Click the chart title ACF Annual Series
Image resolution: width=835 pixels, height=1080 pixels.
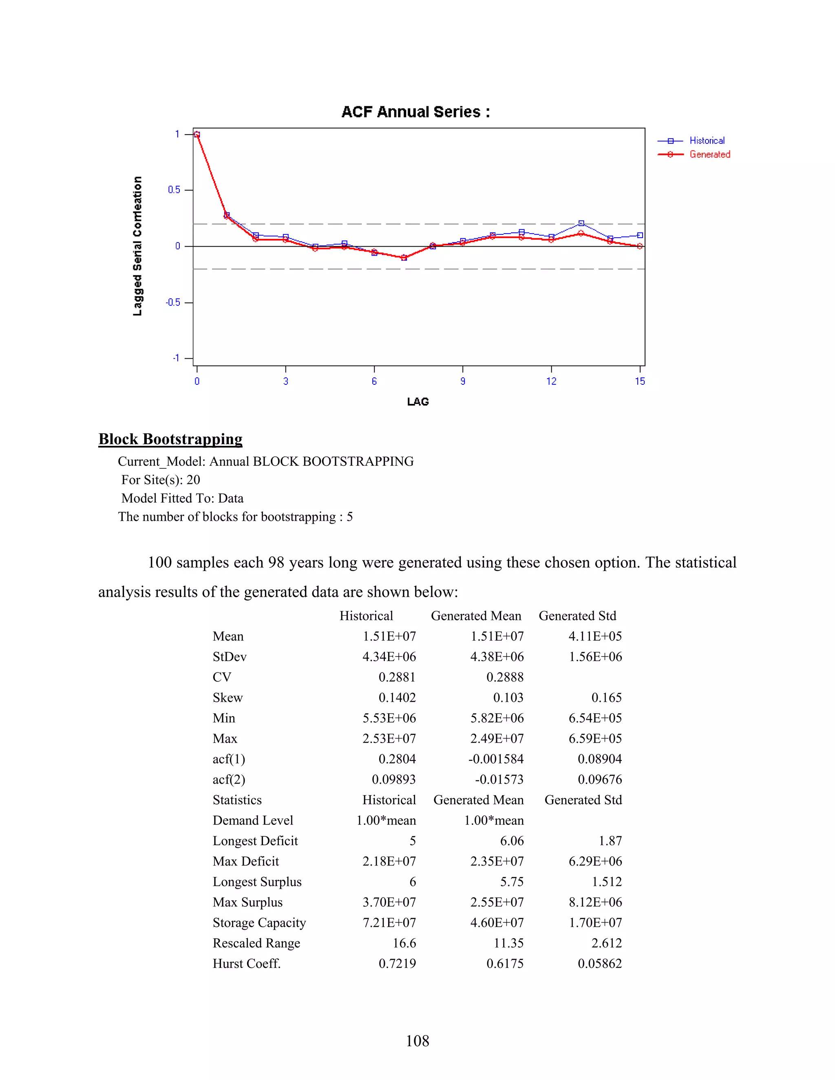[415, 112]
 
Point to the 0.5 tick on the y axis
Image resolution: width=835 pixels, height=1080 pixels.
[174, 190]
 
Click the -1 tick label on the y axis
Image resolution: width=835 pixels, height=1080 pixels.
[176, 358]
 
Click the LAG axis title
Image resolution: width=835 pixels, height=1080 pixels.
[417, 401]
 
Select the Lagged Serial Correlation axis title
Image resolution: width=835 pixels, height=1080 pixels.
[137, 246]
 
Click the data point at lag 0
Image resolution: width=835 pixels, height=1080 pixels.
[197, 134]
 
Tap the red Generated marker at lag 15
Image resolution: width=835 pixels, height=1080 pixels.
[640, 246]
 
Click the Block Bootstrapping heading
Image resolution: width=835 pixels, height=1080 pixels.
[170, 439]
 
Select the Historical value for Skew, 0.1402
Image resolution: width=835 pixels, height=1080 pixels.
[397, 698]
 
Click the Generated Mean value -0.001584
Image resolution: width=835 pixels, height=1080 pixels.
[496, 759]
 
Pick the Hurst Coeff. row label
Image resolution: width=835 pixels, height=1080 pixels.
[246, 964]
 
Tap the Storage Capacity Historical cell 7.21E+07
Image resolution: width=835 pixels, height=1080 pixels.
[389, 923]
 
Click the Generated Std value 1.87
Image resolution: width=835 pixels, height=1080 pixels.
[610, 841]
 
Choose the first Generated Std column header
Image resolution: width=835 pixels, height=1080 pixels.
[577, 616]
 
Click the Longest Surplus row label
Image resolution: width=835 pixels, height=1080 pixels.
[257, 882]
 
